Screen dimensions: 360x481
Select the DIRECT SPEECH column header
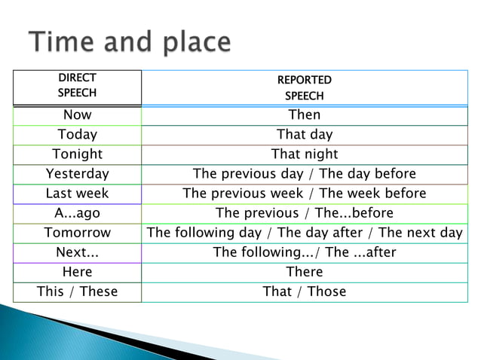pos(77,87)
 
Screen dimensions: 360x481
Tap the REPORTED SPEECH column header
pos(304,87)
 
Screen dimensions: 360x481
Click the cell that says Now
pos(77,115)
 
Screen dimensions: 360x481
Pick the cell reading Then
pos(304,115)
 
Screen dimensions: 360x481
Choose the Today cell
pos(77,135)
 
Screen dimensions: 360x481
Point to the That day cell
pos(304,135)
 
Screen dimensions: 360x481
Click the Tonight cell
pos(77,154)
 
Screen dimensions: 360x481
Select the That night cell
pos(304,154)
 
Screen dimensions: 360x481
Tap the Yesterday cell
pos(77,174)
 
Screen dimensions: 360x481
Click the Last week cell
pos(77,194)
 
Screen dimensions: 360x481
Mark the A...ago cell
pos(77,213)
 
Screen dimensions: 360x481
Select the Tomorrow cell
pos(77,233)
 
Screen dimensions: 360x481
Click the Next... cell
pos(77,252)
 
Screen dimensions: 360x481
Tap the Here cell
pos(77,272)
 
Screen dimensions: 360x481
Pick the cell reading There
pos(304,272)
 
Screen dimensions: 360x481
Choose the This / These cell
pos(77,291)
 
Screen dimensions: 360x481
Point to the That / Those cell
pos(304,291)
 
